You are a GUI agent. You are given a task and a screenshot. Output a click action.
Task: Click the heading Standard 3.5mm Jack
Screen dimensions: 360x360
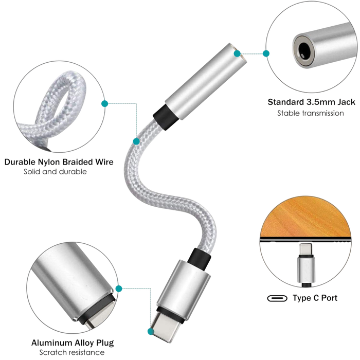click(311, 102)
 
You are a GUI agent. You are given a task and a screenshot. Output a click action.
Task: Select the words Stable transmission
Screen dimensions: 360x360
click(311, 113)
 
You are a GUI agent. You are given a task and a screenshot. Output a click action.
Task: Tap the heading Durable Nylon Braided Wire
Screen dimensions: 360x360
click(59, 162)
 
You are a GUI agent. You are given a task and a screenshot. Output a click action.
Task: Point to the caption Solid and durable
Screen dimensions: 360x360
click(55, 171)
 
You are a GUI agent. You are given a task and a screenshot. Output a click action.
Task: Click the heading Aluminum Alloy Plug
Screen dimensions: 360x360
click(73, 343)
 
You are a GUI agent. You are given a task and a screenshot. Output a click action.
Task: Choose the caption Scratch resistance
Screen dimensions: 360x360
click(72, 352)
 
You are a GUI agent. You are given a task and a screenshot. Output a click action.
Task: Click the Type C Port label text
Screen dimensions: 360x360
click(315, 298)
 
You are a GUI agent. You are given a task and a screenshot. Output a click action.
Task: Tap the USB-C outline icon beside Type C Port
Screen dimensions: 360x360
click(277, 298)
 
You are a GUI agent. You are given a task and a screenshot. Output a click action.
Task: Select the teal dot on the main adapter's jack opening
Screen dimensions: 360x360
click(237, 53)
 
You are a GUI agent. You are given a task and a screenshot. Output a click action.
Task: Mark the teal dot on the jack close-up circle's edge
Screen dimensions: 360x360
click(266, 53)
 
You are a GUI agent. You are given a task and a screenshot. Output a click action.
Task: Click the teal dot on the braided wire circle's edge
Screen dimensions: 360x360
click(105, 103)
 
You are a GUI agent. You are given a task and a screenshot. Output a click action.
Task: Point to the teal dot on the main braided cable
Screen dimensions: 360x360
click(136, 141)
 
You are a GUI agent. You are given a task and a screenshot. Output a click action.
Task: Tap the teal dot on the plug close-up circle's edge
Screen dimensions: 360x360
click(119, 289)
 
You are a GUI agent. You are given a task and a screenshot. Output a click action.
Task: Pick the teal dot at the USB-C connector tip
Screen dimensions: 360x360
click(151, 331)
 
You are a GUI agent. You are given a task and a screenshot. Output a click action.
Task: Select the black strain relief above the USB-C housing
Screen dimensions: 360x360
click(199, 258)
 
